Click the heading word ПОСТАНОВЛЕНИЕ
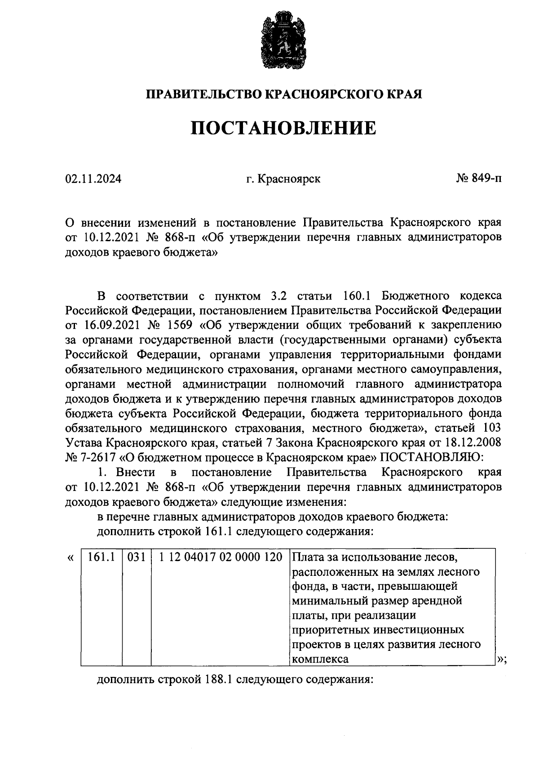point(283,128)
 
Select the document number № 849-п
point(479,179)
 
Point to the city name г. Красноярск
point(283,179)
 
